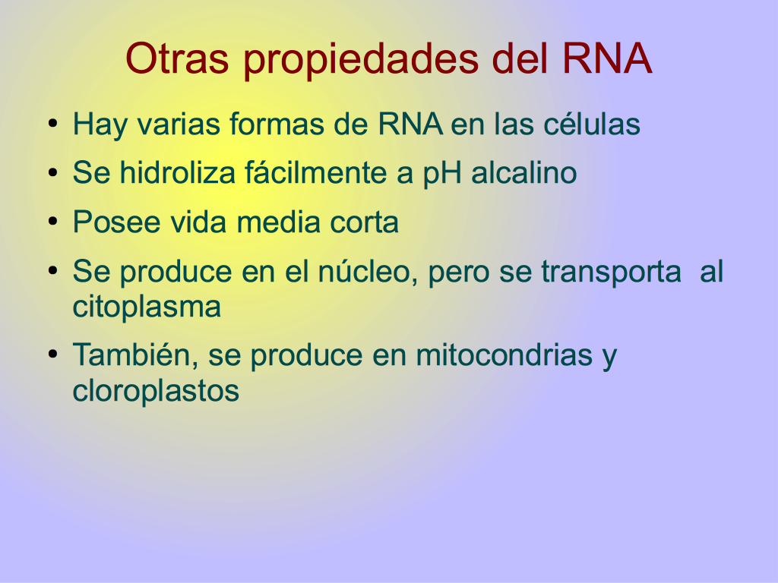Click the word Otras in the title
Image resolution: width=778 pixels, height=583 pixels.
[x=177, y=58]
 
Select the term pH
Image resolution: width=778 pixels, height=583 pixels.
[x=442, y=174]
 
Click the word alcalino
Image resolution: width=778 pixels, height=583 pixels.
[x=524, y=172]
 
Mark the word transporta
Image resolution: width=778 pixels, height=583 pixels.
[x=611, y=273]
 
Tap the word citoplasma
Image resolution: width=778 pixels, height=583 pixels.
[x=147, y=307]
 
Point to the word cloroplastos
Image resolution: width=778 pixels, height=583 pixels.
[x=156, y=391]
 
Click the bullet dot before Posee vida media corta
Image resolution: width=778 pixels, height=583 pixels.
[x=53, y=222]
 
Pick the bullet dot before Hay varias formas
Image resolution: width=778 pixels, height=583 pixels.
[x=53, y=124]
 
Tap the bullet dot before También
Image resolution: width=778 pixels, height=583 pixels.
[x=53, y=355]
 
